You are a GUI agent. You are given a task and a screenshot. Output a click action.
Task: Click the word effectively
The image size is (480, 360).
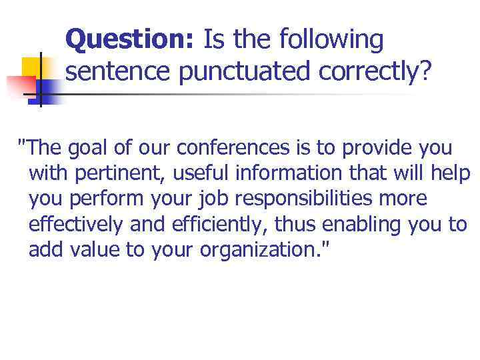[76, 225]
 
